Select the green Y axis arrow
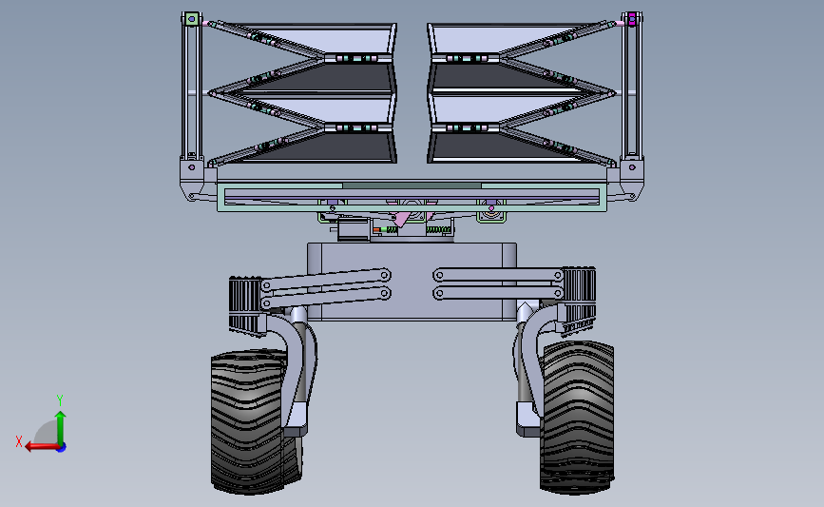pyautogui.click(x=60, y=427)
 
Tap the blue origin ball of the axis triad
pyautogui.click(x=60, y=446)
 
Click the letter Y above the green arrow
pyautogui.click(x=59, y=400)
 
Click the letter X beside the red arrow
pyautogui.click(x=19, y=441)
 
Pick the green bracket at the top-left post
pyautogui.click(x=191, y=19)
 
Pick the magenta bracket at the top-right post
pyautogui.click(x=631, y=19)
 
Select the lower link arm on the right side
pyautogui.click(x=497, y=294)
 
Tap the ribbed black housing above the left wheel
pyautogui.click(x=244, y=304)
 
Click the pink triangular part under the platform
pyautogui.click(x=403, y=220)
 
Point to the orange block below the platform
pyautogui.click(x=376, y=229)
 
